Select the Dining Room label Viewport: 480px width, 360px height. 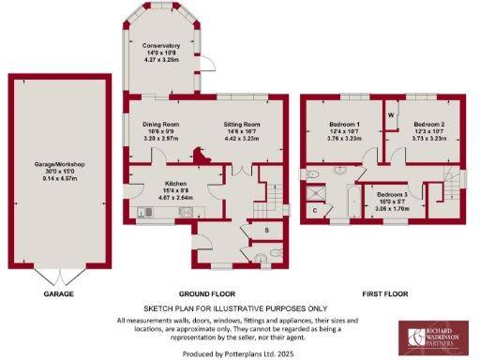tap(159, 124)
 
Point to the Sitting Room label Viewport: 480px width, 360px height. tap(241, 124)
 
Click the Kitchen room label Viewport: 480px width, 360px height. tap(176, 183)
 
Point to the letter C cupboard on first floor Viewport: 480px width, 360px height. tap(315, 210)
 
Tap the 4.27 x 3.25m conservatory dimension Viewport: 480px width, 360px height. tap(155, 60)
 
